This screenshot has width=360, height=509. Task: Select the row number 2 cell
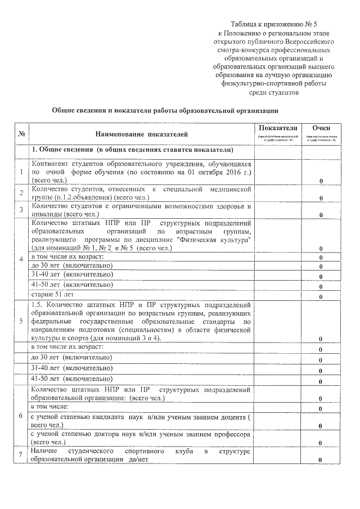[21, 193]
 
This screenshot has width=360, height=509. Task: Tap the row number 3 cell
[21, 210]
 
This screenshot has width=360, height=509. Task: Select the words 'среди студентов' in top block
[274, 92]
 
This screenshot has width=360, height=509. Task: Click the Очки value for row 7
[321, 461]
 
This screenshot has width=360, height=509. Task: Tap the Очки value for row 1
[321, 181]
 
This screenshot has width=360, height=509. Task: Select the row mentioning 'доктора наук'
[140, 438]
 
